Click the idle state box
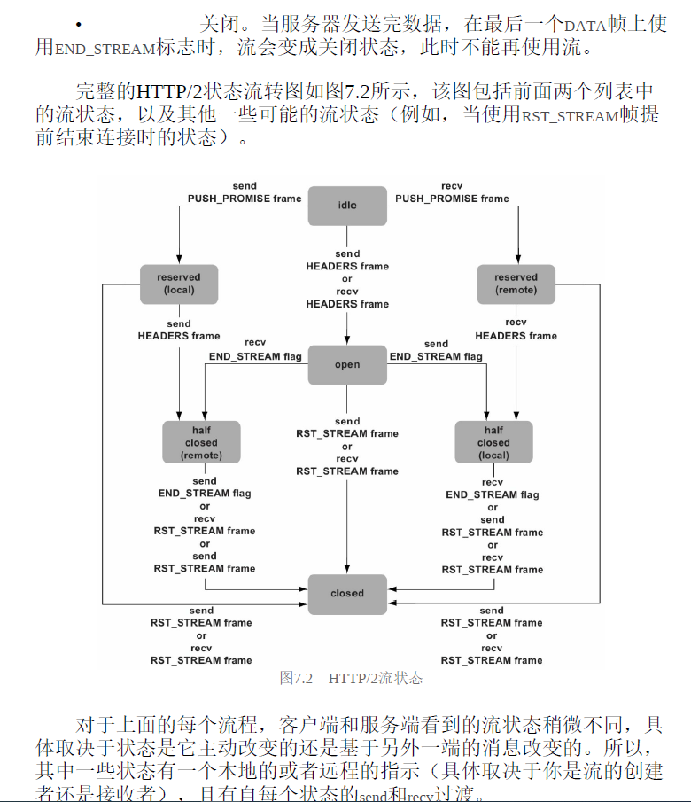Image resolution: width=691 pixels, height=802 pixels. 347,206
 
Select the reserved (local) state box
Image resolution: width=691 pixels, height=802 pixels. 179,284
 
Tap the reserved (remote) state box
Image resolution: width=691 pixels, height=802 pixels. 516,284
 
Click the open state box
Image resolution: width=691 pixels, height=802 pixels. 347,365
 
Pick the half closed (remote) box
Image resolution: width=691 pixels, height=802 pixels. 201,442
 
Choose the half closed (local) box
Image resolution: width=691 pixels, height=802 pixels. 493,442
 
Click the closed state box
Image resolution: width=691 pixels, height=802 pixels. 347,594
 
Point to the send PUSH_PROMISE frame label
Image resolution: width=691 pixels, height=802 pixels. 245,192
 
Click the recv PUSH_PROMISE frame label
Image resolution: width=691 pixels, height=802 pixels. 452,192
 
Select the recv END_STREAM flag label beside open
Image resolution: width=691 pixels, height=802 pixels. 255,350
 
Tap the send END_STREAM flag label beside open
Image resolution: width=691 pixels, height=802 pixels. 436,350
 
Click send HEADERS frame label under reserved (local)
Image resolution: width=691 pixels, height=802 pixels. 179,330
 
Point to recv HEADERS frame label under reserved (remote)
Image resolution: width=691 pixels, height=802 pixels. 516,330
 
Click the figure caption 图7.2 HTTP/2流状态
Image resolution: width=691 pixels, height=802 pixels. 351,679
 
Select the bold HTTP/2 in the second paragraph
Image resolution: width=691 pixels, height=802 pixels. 171,90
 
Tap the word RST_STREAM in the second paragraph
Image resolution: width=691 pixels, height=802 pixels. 570,115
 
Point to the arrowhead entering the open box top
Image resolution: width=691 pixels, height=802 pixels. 347,341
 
